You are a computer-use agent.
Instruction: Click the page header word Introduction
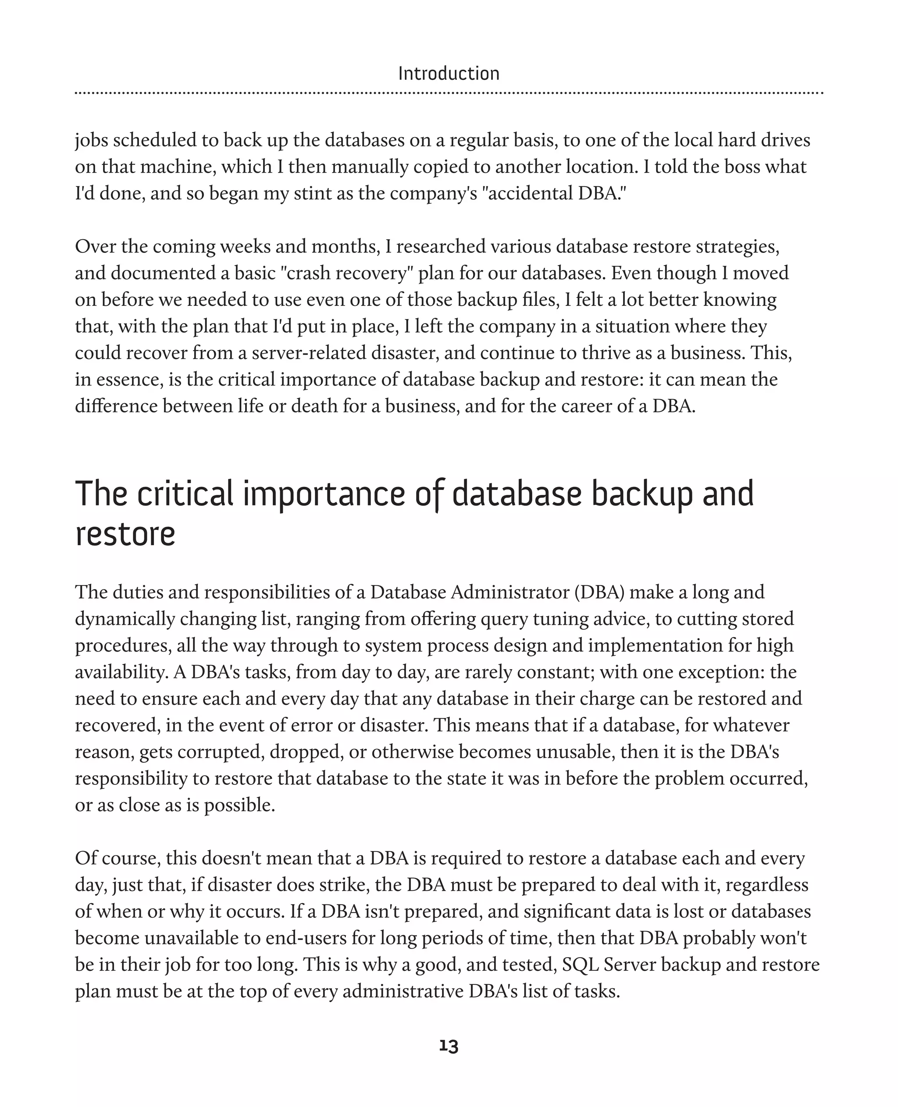[449, 74]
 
